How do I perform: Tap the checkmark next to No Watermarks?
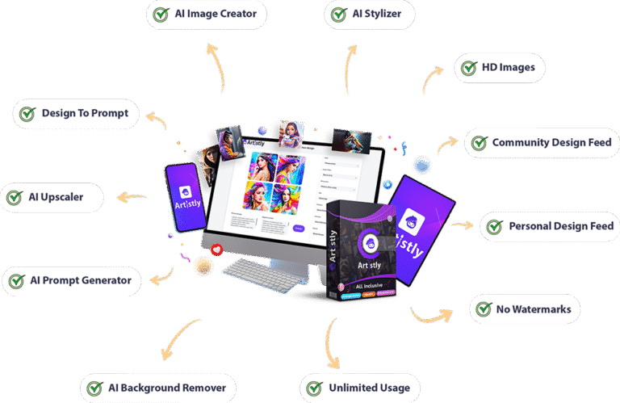(x=484, y=309)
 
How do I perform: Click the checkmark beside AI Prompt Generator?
(x=17, y=281)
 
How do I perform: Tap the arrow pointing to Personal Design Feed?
(x=463, y=225)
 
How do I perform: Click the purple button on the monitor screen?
(x=298, y=229)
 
